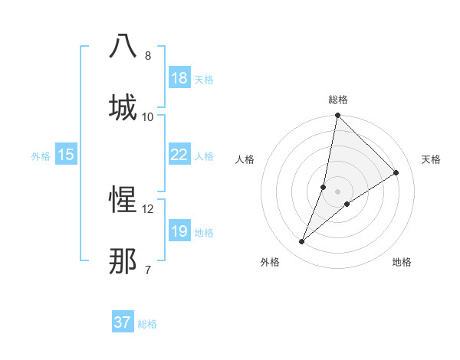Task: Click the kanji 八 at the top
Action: point(123,46)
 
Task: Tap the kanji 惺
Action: point(123,200)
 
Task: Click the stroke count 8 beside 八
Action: point(148,56)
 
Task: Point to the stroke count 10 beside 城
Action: point(148,116)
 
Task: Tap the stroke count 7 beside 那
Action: point(148,270)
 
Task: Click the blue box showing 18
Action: point(179,78)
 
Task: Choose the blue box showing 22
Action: point(179,155)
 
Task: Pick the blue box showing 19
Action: point(179,231)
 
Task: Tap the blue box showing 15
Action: point(66,155)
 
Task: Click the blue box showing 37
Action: point(123,322)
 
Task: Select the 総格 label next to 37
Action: point(147,324)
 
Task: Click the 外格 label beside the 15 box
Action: point(41,156)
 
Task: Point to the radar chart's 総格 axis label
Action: point(337,100)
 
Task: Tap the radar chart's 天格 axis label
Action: point(431,159)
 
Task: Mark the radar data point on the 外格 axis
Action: point(302,242)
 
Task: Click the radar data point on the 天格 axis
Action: point(396,173)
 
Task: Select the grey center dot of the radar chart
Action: point(337,191)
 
